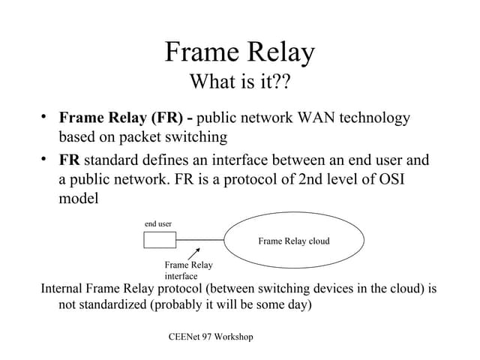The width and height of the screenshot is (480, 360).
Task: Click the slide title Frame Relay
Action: coord(239,52)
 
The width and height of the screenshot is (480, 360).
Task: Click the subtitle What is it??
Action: coord(239,81)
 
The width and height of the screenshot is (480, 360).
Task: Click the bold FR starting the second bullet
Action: coord(70,160)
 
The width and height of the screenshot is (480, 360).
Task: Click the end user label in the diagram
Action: coord(158,223)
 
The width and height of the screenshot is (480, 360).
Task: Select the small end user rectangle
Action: coord(160,240)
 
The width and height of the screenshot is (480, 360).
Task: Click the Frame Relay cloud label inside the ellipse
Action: coord(294,241)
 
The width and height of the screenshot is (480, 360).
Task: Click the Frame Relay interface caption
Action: coord(187,271)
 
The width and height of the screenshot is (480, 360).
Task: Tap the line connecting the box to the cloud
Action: coord(200,240)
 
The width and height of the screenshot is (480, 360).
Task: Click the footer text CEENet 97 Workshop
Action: coord(211,337)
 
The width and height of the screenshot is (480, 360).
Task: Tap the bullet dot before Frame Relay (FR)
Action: coord(45,116)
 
